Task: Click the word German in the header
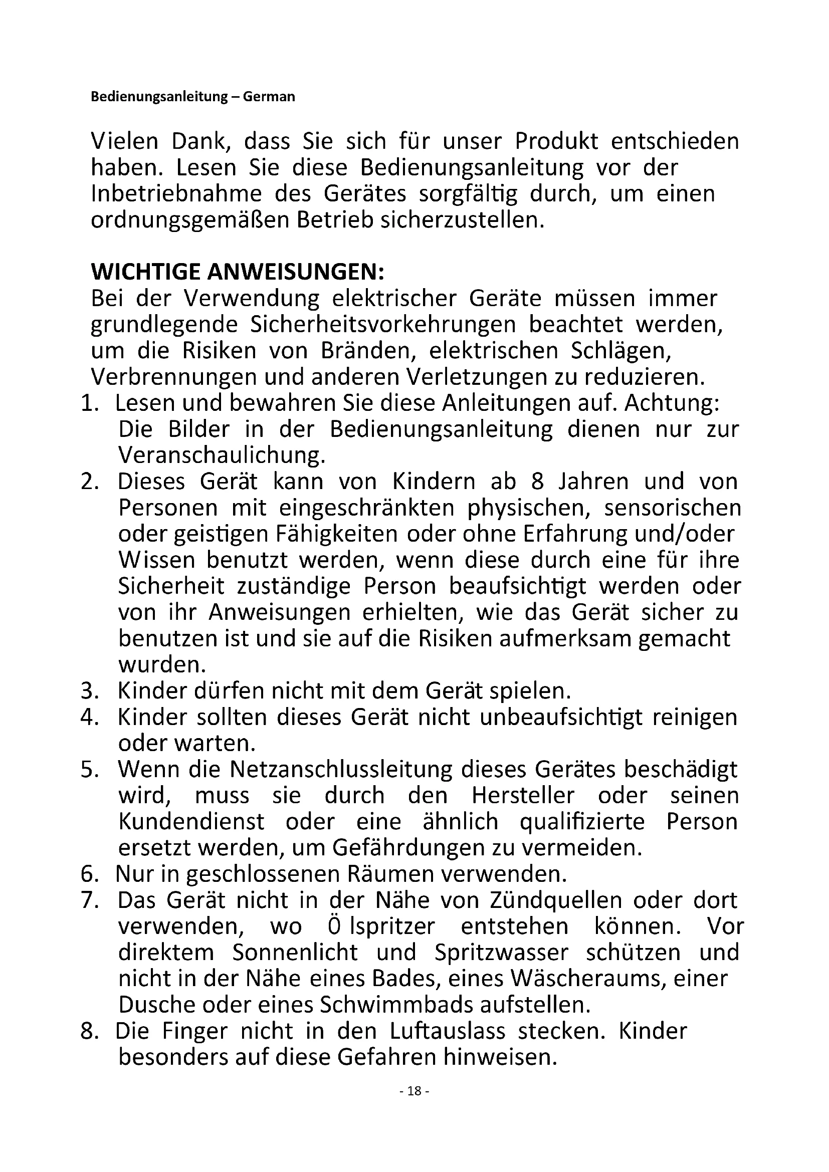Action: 269,97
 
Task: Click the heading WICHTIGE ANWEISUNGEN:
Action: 238,272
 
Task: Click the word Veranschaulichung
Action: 222,455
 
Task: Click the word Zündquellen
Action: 555,900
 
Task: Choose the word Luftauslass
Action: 447,1031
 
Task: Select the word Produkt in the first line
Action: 556,141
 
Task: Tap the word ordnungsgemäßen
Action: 187,220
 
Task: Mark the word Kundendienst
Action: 191,822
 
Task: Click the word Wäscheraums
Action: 586,979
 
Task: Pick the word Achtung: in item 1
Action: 672,403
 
